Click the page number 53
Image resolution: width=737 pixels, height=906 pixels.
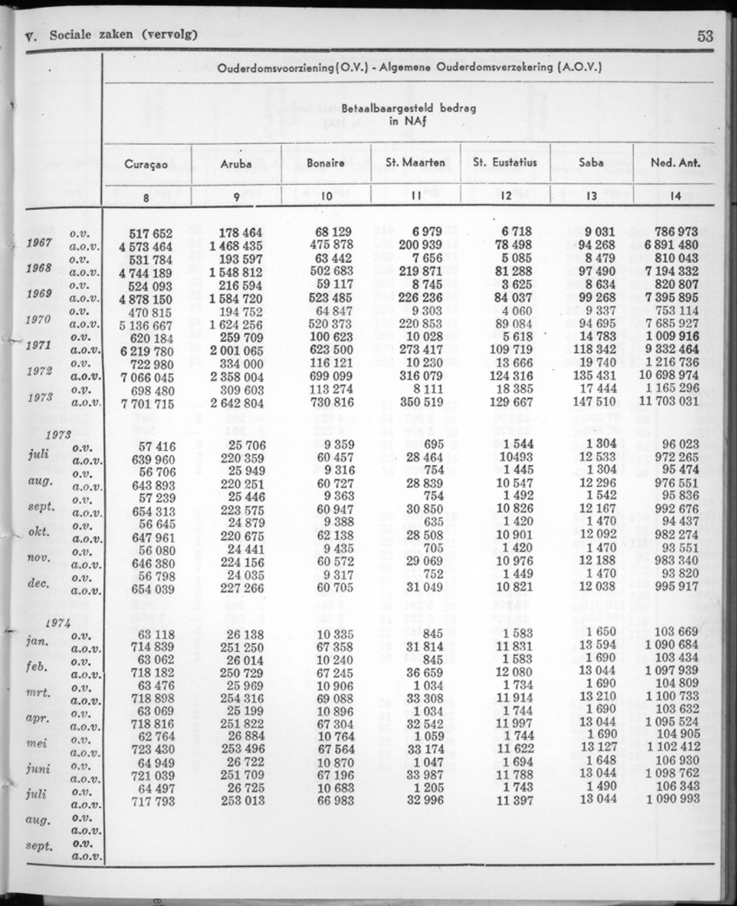704,36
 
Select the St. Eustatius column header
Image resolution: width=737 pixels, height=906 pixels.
505,163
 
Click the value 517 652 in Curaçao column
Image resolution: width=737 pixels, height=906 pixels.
150,233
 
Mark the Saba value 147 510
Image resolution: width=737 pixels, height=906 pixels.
592,402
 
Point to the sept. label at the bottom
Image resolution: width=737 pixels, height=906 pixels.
38,845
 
